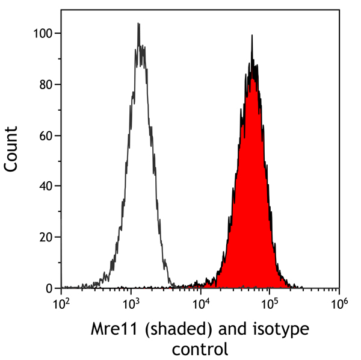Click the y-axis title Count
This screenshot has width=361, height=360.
pos(12,149)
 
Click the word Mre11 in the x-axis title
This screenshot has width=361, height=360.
pos(111,329)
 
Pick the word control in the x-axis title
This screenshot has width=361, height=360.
pos(200,349)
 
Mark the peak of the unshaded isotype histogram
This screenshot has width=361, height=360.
pos(138,24)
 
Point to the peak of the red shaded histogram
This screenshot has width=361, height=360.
pos(253,36)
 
